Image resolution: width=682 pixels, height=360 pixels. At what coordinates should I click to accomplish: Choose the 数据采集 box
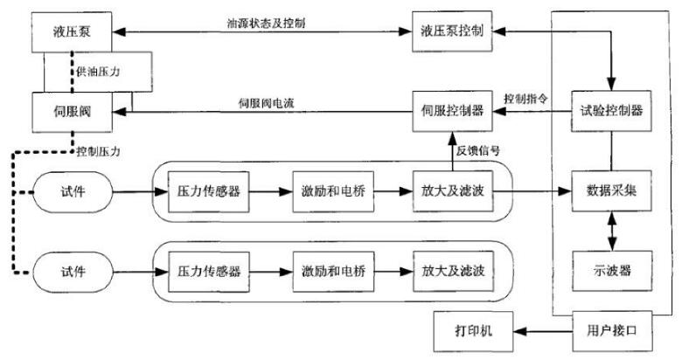pyautogui.click(x=612, y=191)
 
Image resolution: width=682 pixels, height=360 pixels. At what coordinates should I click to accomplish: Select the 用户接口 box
pyautogui.click(x=612, y=332)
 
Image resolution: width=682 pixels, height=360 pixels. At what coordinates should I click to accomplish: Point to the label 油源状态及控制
pyautogui.click(x=267, y=19)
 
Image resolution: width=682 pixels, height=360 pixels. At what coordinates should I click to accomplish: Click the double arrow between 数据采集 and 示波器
pyautogui.click(x=612, y=230)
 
